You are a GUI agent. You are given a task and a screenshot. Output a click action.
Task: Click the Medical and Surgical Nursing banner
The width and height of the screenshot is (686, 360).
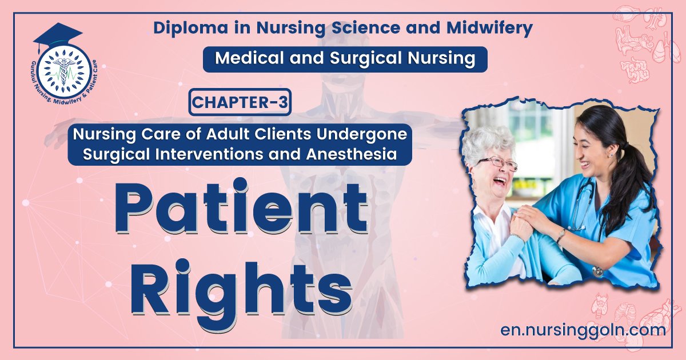[x=345, y=58]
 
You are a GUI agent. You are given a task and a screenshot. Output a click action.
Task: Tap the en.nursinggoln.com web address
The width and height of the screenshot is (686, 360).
[x=582, y=330]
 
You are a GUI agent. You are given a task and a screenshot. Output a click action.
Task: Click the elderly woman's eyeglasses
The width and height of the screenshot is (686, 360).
[x=498, y=164]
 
